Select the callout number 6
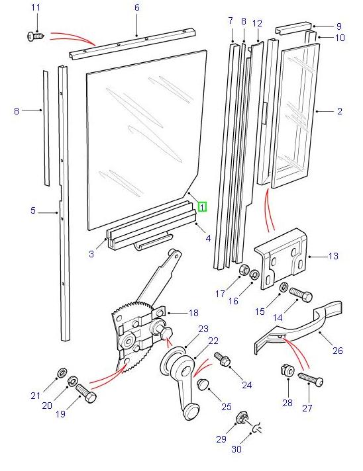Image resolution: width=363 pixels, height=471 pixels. pyautogui.click(x=137, y=7)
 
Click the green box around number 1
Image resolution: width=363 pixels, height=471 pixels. pyautogui.click(x=202, y=206)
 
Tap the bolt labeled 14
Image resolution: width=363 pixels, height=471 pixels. pyautogui.click(x=299, y=294)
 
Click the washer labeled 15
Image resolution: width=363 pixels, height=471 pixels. pyautogui.click(x=284, y=287)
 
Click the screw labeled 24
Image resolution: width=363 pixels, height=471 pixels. pyautogui.click(x=223, y=360)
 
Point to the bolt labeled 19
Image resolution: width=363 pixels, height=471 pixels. pyautogui.click(x=85, y=394)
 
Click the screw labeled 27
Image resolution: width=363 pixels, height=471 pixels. pyautogui.click(x=311, y=380)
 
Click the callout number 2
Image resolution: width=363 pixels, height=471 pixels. pyautogui.click(x=340, y=112)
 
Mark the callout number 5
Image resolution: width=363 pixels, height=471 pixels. pyautogui.click(x=32, y=211)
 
